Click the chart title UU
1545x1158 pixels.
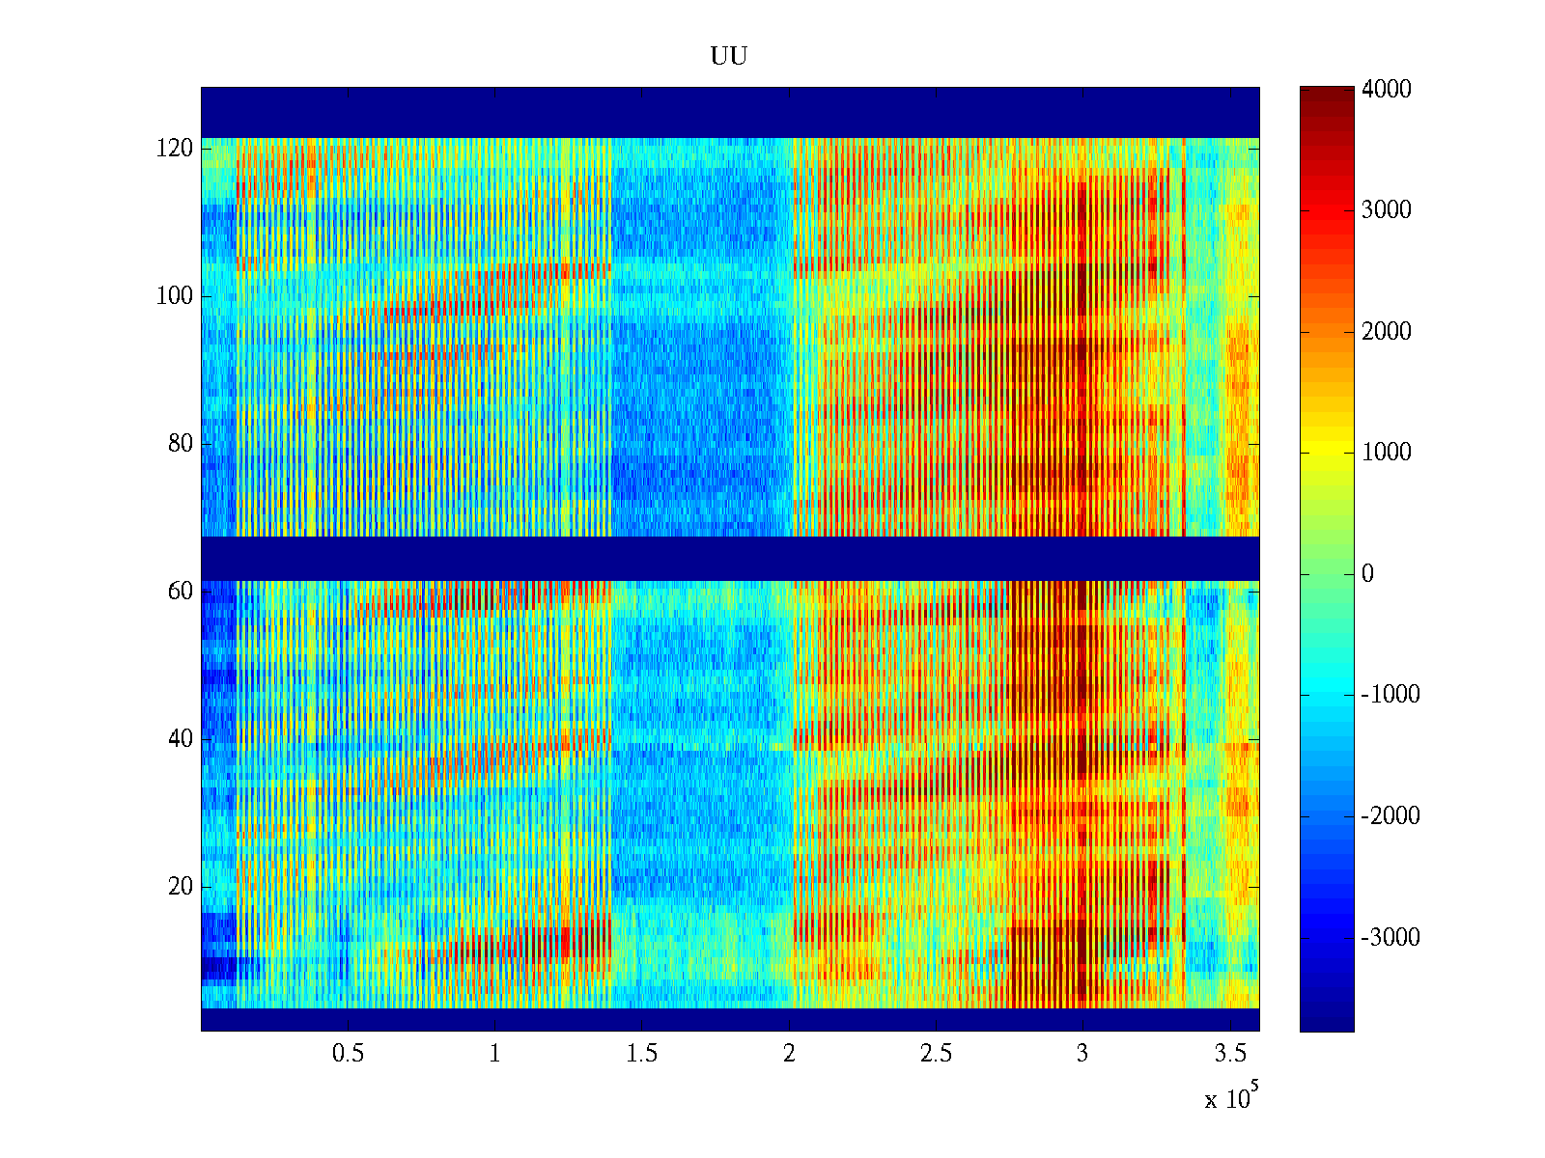[728, 56]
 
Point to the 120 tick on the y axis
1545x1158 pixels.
[174, 149]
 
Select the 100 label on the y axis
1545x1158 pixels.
[174, 296]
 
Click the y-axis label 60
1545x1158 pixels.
[180, 592]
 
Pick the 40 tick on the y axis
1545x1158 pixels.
[180, 739]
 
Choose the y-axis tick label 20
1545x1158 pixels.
[180, 887]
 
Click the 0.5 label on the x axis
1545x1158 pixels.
[348, 1054]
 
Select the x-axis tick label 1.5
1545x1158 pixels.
[641, 1054]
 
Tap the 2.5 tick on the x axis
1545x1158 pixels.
[935, 1054]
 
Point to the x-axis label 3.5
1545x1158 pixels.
[1229, 1054]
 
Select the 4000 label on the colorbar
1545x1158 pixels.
[1386, 90]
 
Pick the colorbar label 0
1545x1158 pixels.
[1367, 574]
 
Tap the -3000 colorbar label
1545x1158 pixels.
[1390, 938]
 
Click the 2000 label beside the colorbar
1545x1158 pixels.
[1386, 332]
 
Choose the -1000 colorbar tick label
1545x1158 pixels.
[1390, 695]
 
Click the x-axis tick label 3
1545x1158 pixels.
[1081, 1054]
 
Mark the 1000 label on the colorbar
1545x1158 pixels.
[1386, 453]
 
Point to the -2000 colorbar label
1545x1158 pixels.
[1390, 816]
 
